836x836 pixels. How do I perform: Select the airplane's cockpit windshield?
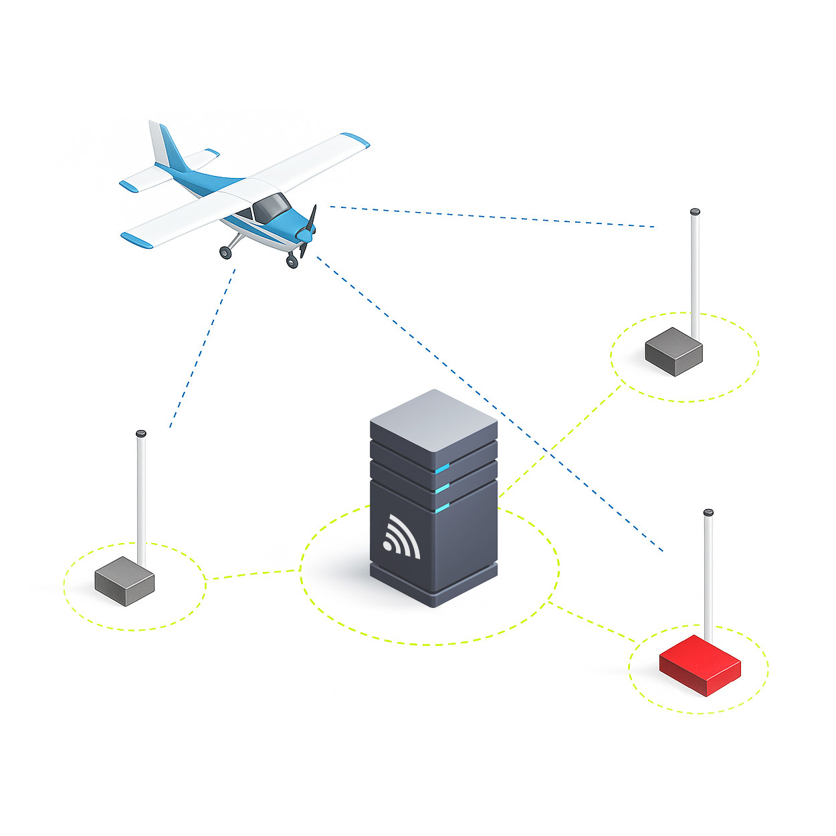pos(270,207)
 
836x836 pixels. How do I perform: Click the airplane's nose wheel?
pos(292,261)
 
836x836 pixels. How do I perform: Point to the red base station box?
pos(700,665)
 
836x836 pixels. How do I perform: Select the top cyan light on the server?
pos(442,466)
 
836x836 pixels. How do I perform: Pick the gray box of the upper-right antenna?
pos(673,350)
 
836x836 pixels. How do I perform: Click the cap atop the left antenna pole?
pos(140,434)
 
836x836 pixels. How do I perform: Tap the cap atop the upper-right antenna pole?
pos(695,211)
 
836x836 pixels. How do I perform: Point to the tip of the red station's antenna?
pos(708,513)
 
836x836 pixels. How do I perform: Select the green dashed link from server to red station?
pos(591,622)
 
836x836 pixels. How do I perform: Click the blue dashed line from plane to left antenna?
pos(201,348)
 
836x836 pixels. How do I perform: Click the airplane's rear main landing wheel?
pos(225,252)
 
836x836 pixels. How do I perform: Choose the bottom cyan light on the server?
pos(442,510)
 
